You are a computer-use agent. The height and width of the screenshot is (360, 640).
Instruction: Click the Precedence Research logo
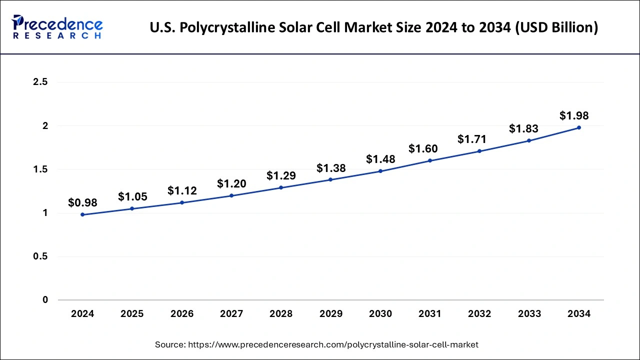(57, 27)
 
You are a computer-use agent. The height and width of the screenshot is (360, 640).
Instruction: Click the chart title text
(373, 27)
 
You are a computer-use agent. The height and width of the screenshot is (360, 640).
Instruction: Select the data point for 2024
(82, 214)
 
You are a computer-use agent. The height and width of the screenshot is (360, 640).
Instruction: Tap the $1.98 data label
(574, 115)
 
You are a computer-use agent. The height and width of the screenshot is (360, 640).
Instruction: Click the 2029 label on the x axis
(330, 314)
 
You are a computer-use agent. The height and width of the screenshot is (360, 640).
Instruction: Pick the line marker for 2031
(430, 160)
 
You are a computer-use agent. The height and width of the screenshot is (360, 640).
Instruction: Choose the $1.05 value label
(132, 196)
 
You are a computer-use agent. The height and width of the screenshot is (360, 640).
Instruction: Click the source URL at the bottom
(316, 344)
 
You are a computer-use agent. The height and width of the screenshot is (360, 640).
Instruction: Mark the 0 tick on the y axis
(45, 300)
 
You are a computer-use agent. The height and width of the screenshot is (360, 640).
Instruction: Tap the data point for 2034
(579, 127)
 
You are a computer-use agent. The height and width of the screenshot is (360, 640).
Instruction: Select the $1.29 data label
(281, 175)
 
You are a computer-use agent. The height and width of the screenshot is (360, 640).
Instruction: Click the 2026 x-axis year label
(182, 314)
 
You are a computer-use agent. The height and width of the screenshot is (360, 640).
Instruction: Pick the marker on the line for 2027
(231, 195)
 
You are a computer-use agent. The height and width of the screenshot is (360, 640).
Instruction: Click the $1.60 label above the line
(423, 148)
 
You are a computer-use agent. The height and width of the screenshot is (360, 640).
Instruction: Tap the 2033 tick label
(529, 314)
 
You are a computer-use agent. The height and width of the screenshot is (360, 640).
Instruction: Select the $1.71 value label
(472, 139)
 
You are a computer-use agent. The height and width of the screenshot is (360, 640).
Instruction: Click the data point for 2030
(380, 171)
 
